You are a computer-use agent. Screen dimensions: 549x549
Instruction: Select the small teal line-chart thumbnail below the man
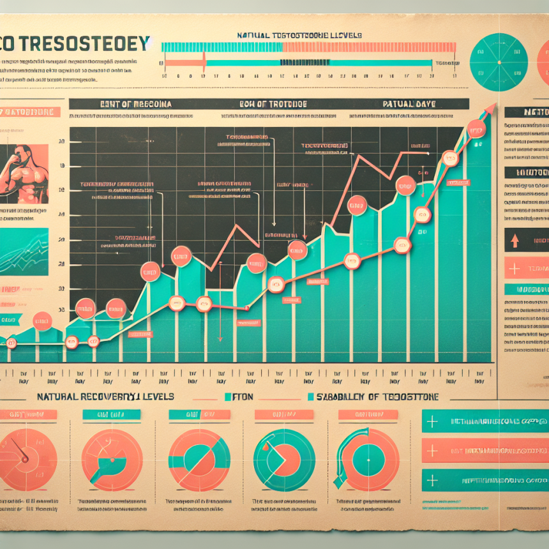[24, 252]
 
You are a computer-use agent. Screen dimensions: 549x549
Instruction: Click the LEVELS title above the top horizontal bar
[300, 34]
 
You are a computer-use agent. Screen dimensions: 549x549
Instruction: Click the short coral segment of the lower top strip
[184, 63]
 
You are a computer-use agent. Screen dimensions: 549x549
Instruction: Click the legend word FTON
[242, 397]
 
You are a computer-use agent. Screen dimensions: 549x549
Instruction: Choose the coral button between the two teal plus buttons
[485, 451]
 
